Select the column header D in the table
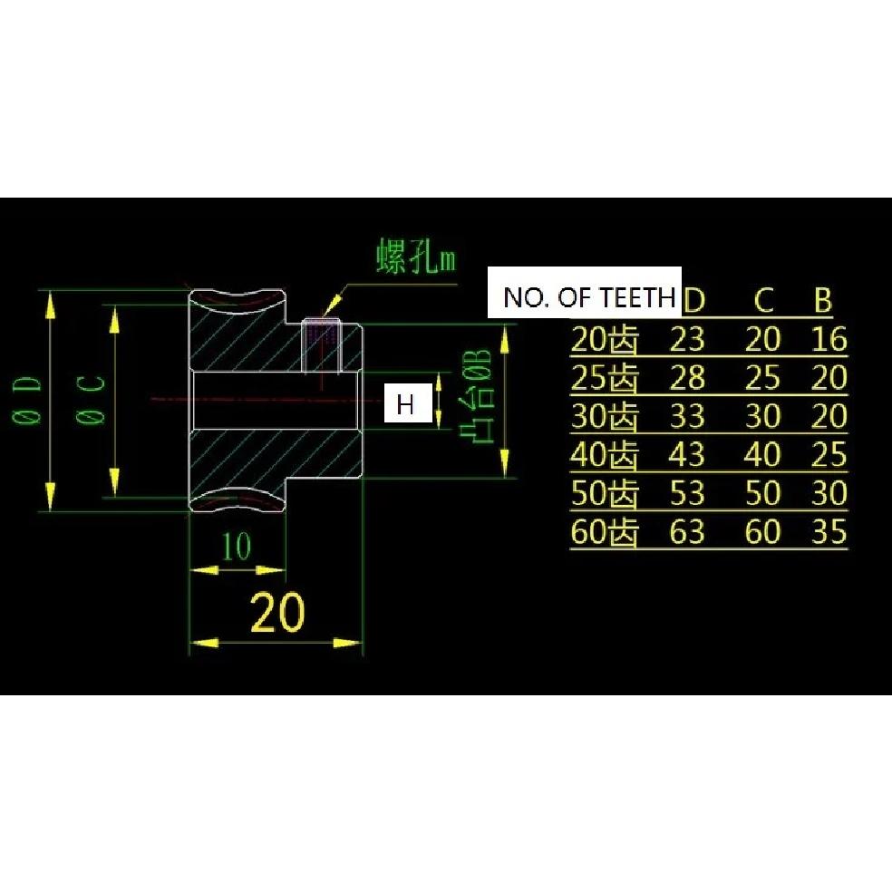693,299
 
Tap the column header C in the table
763,299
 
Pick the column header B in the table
823,299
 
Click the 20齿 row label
604,340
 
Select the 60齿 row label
604,532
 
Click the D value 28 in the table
687,378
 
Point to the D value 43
687,454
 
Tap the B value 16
829,339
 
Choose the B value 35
829,531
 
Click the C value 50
762,492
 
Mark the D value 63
687,531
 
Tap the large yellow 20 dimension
277,613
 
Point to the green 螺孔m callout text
416,257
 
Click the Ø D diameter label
26,401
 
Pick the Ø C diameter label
91,401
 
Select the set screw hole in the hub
321,344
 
